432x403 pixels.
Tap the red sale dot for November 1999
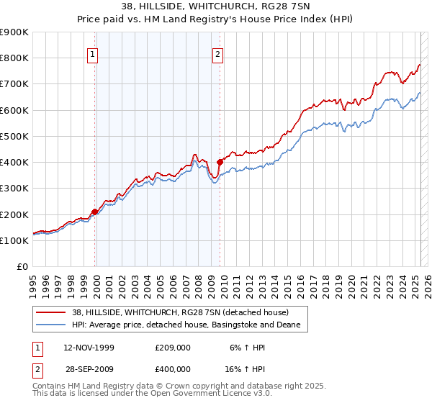94,212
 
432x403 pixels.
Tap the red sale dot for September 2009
220,162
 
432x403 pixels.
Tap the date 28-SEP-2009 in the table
88,368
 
